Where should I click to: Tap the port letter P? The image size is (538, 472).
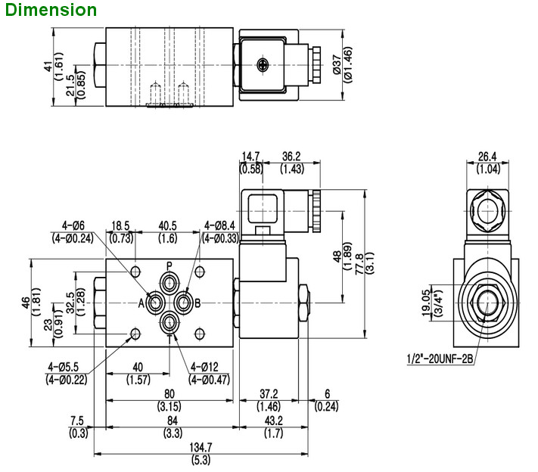pyautogui.click(x=169, y=265)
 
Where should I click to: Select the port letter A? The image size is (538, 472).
pyautogui.click(x=141, y=303)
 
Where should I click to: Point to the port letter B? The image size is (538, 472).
pyautogui.click(x=197, y=303)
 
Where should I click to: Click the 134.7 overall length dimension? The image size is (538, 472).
pyautogui.click(x=200, y=448)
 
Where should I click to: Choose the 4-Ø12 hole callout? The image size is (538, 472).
pyautogui.click(x=210, y=368)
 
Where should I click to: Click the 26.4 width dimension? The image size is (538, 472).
pyautogui.click(x=487, y=157)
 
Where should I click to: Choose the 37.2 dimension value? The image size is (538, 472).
pyautogui.click(x=269, y=394)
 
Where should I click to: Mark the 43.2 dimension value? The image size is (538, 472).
pyautogui.click(x=274, y=421)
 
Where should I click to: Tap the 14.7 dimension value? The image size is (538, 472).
pyautogui.click(x=251, y=157)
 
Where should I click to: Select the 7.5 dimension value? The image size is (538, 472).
pyautogui.click(x=76, y=421)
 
